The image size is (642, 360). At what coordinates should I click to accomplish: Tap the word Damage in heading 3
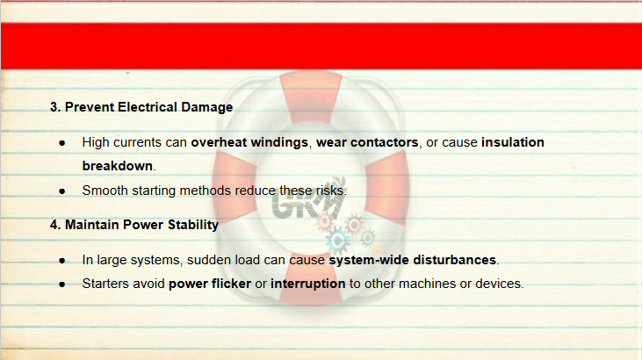[207, 107]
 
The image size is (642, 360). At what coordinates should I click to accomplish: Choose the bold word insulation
[513, 142]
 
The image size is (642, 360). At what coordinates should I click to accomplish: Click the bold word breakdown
[118, 166]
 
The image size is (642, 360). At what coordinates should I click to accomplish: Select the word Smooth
[105, 191]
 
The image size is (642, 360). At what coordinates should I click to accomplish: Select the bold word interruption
[308, 284]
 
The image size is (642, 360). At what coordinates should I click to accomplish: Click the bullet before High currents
[62, 143]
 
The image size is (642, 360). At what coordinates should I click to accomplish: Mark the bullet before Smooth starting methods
[62, 191]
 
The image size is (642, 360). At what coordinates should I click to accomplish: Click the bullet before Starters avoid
[62, 284]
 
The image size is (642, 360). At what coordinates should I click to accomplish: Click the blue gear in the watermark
[338, 241]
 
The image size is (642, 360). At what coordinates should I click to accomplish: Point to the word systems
[159, 261]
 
